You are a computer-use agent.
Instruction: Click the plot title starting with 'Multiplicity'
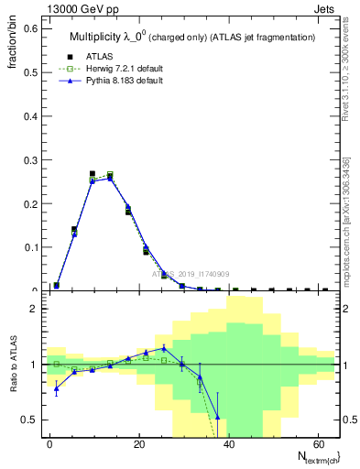click(191, 38)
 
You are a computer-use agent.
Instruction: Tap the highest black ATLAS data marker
click(93, 173)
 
